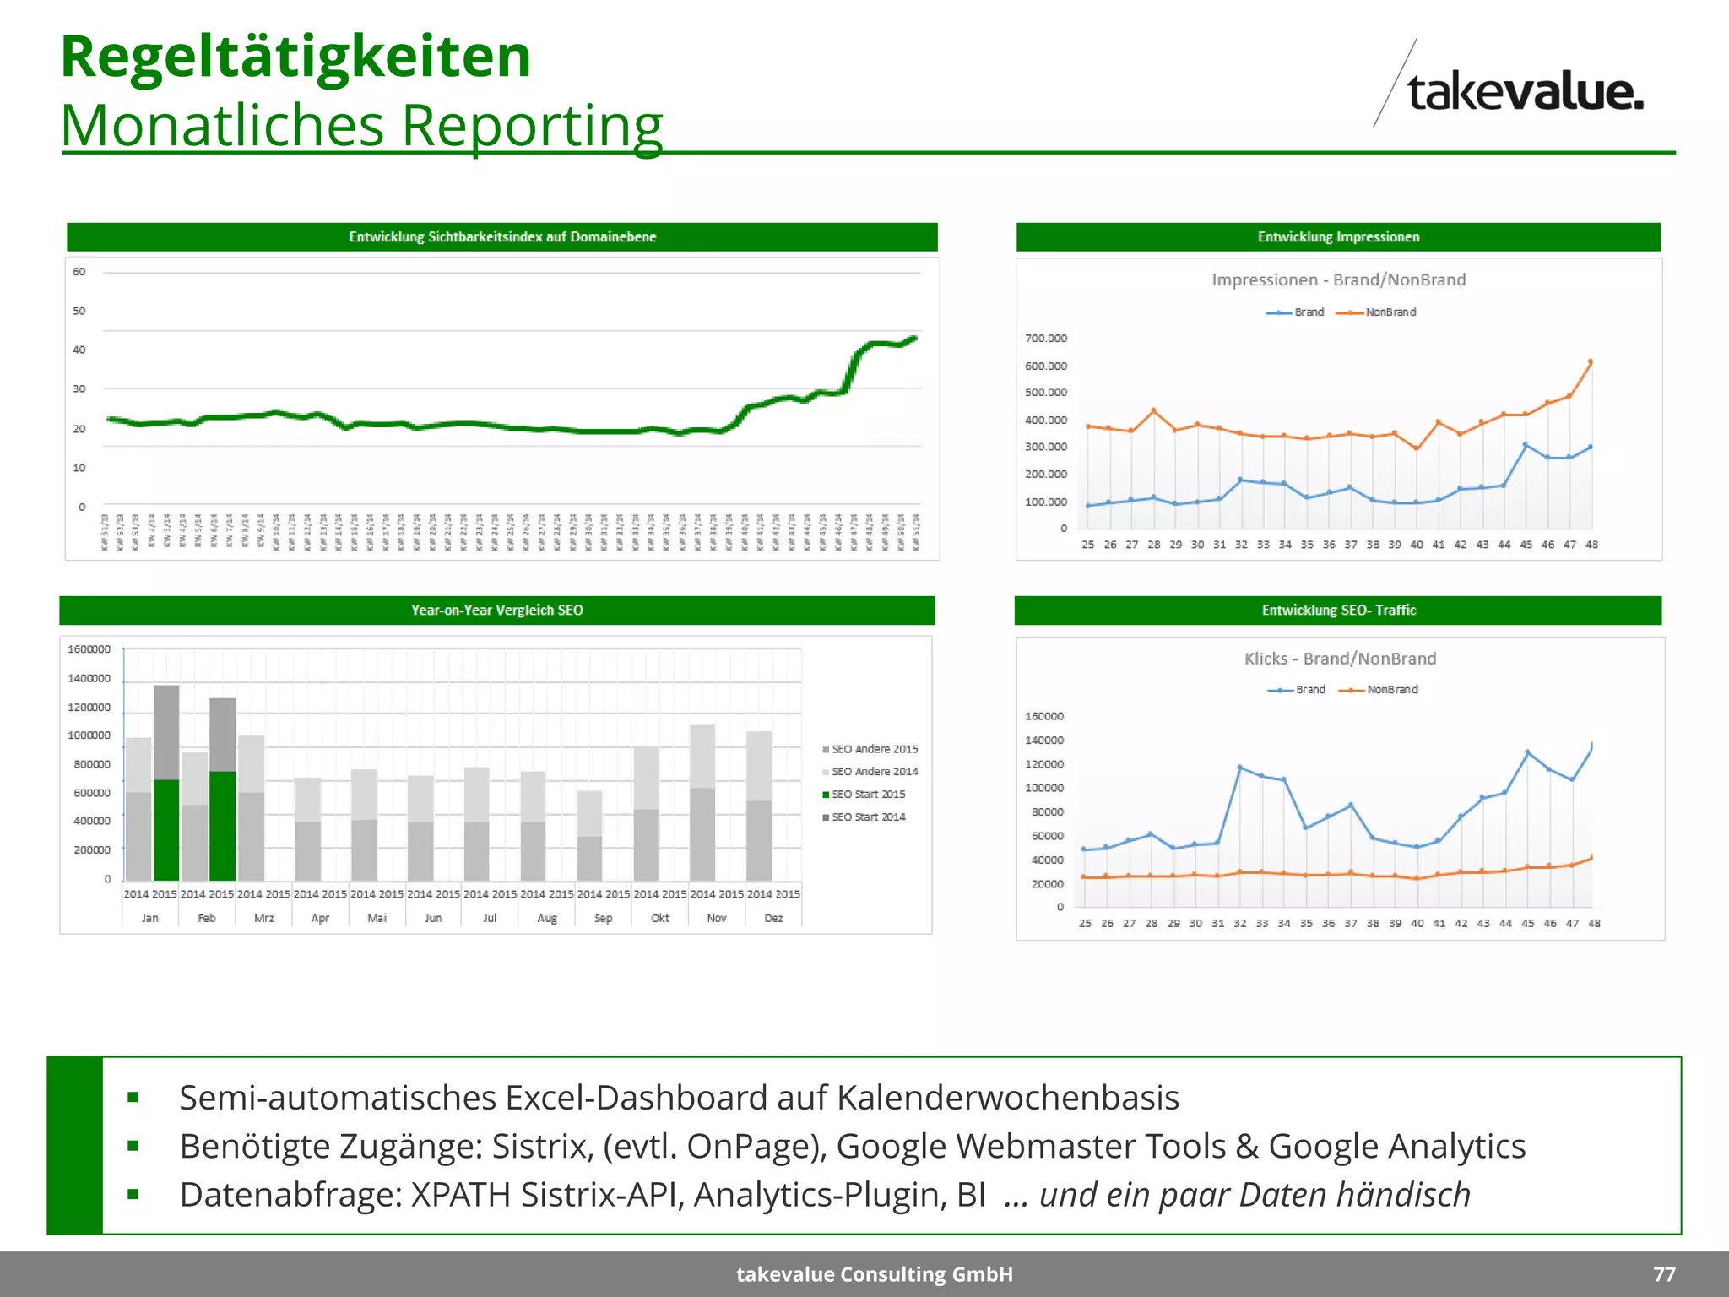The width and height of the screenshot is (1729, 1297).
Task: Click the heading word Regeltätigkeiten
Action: click(295, 57)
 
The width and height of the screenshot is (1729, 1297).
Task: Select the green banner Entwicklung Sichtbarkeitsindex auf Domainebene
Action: click(502, 237)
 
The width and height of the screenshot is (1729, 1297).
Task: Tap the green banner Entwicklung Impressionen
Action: click(1338, 237)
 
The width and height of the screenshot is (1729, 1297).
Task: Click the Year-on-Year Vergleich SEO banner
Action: click(496, 611)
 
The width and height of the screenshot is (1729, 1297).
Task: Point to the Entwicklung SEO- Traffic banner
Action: click(1338, 611)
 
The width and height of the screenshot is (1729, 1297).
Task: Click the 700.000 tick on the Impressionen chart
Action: click(1045, 339)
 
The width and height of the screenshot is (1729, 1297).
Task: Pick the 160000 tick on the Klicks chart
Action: click(1043, 717)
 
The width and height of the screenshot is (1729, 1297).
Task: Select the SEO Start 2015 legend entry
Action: click(868, 795)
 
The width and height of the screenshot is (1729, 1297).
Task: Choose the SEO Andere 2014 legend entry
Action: click(874, 772)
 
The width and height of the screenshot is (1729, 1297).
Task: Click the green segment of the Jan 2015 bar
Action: click(166, 829)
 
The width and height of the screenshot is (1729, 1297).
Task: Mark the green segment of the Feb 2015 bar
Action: click(223, 825)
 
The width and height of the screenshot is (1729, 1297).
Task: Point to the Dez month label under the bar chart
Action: click(773, 919)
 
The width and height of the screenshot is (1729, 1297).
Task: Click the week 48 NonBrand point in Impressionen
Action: click(1591, 362)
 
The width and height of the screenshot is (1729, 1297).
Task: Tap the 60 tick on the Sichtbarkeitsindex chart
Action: click(79, 272)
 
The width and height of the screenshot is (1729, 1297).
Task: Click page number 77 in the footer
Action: click(1664, 1274)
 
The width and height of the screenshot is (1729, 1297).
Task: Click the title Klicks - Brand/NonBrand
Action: click(1340, 659)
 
